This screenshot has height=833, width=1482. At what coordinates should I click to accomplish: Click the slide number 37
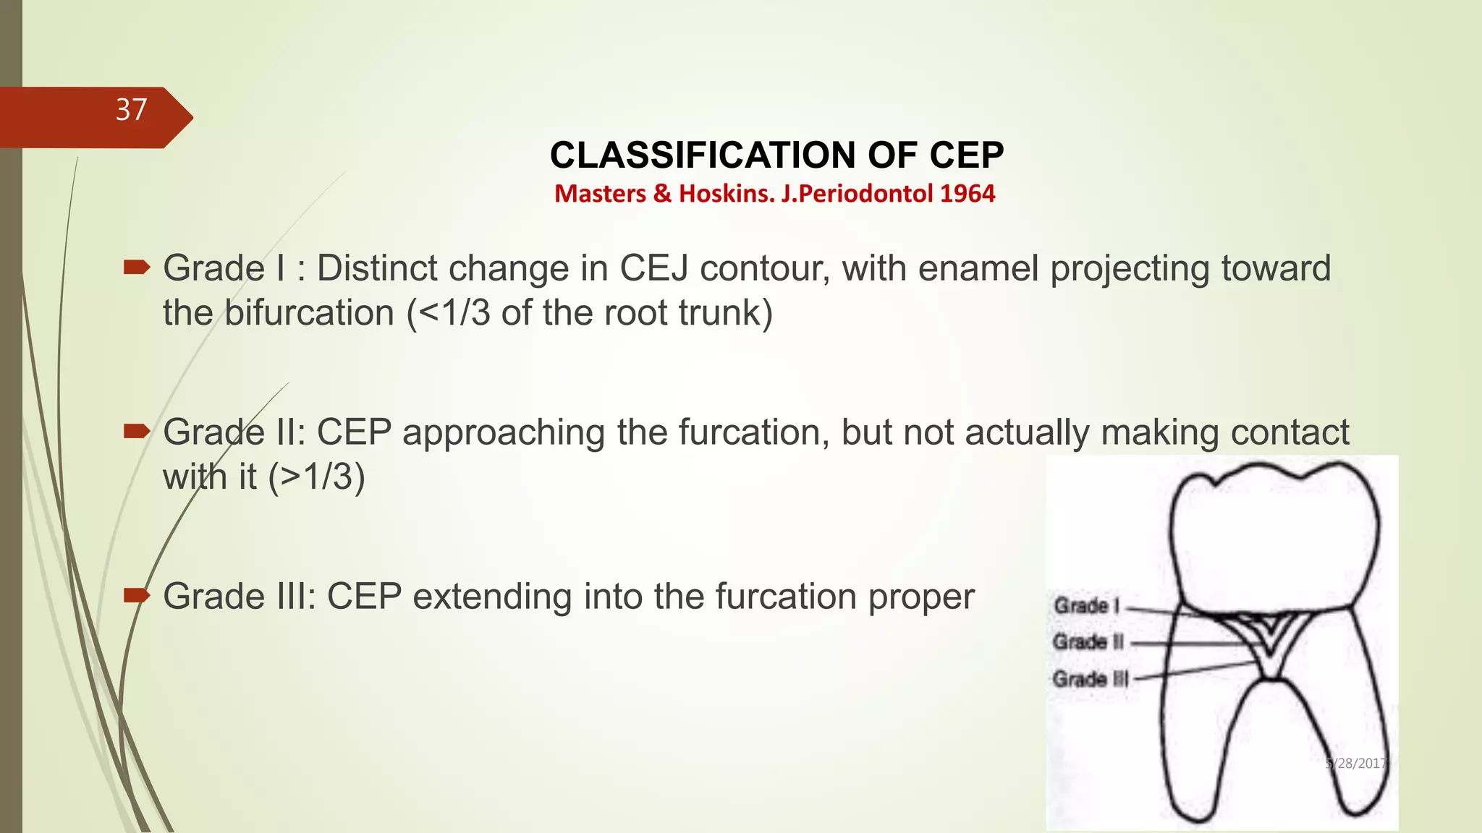tap(131, 110)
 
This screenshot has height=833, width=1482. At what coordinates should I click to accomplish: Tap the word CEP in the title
tap(967, 155)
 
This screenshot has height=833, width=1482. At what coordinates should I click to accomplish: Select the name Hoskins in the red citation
tap(726, 194)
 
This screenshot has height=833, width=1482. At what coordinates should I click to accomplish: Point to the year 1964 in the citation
tap(967, 194)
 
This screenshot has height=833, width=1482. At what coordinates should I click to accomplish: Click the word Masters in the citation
tap(600, 194)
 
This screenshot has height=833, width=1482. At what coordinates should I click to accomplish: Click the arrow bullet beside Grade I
tap(136, 268)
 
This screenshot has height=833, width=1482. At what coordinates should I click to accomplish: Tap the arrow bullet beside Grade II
tap(136, 432)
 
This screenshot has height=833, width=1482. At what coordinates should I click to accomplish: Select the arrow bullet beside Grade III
tap(136, 596)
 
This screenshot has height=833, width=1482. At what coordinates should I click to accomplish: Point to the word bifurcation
tap(309, 313)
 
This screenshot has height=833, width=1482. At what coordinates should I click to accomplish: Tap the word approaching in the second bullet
tap(503, 432)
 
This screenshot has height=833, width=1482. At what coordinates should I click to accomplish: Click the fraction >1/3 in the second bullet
tap(316, 477)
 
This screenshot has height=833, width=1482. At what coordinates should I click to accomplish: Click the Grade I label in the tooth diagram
tap(1087, 606)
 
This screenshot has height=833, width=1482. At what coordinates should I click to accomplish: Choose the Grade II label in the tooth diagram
tap(1088, 642)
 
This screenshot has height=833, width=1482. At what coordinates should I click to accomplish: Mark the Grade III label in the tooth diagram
tap(1090, 679)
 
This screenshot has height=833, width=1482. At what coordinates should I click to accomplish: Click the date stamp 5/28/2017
tap(1356, 764)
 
